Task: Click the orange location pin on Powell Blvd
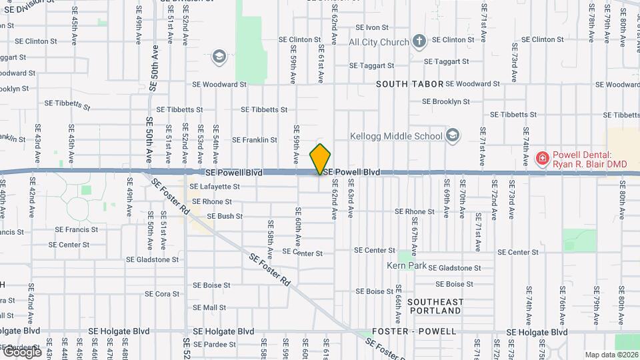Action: pyautogui.click(x=321, y=159)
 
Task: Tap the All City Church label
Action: pyautogui.click(x=379, y=43)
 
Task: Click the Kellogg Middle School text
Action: pyautogui.click(x=397, y=136)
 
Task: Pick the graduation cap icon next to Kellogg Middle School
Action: pyautogui.click(x=453, y=136)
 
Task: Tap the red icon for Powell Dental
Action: pyautogui.click(x=543, y=159)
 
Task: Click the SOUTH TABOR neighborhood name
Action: pyautogui.click(x=409, y=84)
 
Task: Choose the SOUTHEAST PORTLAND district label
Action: pyautogui.click(x=436, y=306)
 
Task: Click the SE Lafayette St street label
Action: pyautogui.click(x=216, y=187)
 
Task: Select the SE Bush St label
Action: pyautogui.click(x=225, y=216)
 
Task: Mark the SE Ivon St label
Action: pyautogui.click(x=372, y=27)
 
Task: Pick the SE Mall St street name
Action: pyautogui.click(x=209, y=307)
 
